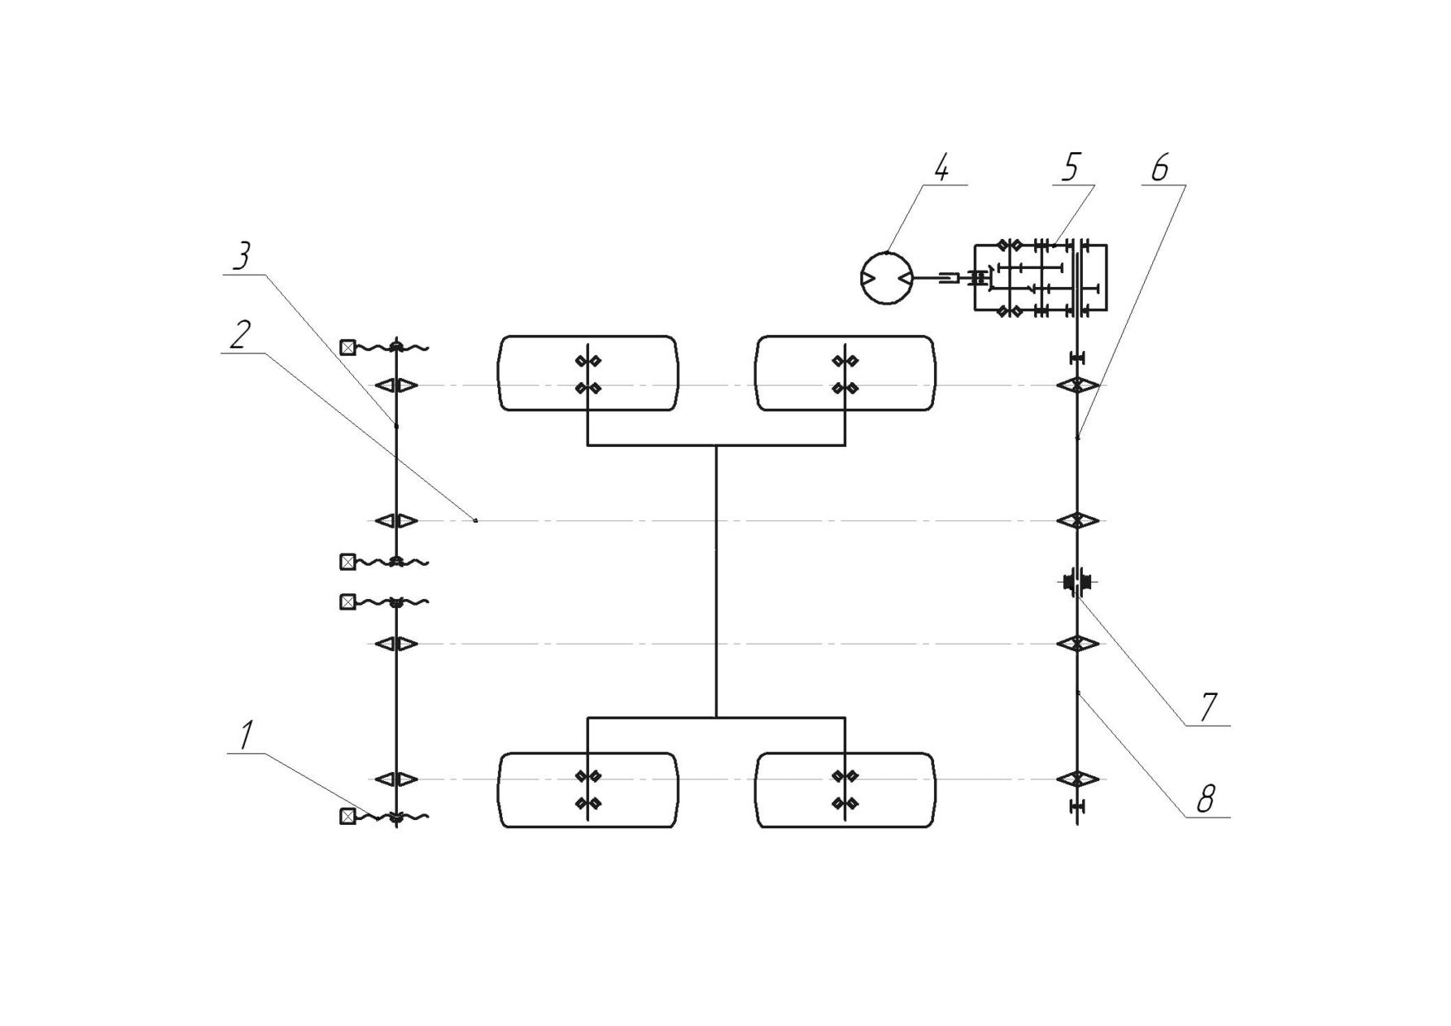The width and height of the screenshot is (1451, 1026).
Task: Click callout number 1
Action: click(x=246, y=736)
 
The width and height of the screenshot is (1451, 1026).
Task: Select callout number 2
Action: click(x=240, y=335)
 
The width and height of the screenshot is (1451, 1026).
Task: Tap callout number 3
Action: click(x=241, y=256)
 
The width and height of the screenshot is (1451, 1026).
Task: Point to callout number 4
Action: click(x=941, y=168)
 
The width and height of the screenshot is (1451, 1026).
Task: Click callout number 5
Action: click(x=1070, y=168)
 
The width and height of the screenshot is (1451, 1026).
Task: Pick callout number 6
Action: click(x=1160, y=168)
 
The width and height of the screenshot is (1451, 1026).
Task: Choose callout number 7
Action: click(x=1208, y=707)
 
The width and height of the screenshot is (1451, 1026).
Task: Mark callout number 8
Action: click(x=1206, y=799)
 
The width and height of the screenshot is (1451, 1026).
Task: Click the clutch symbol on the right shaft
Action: click(x=1076, y=583)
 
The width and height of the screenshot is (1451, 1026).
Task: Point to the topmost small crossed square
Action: click(x=347, y=348)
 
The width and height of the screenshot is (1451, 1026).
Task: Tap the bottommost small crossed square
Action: click(x=347, y=817)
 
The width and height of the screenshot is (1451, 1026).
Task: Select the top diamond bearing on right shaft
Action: click(x=1077, y=386)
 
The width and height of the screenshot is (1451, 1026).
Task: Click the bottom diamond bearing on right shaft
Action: click(x=1077, y=779)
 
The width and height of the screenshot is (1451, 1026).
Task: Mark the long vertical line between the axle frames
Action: click(x=716, y=582)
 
